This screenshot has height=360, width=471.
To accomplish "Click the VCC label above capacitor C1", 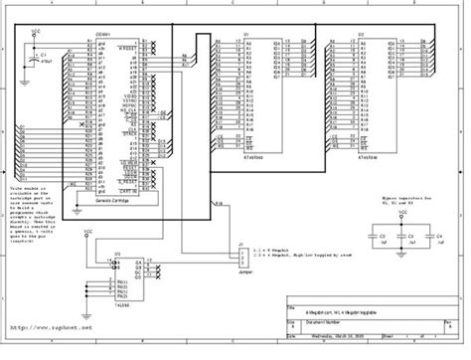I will click(x=37, y=32).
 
